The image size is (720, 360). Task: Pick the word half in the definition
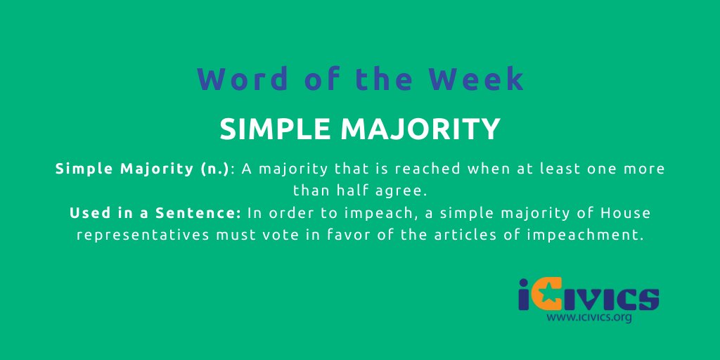(x=362, y=191)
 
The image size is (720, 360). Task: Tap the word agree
(x=409, y=191)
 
